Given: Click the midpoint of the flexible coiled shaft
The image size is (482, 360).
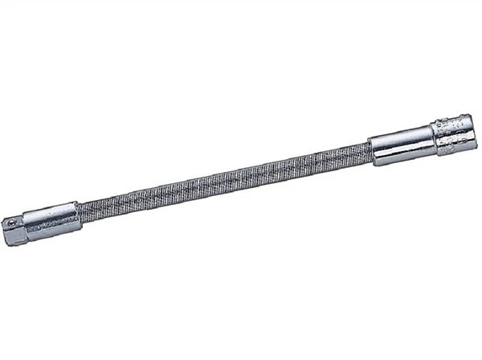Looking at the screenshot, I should [225, 178].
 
